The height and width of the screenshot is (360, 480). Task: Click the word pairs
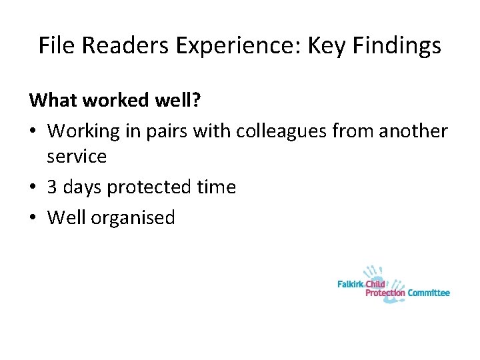coord(165,131)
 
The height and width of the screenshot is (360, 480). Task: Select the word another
coord(413,131)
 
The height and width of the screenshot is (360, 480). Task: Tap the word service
coord(77,156)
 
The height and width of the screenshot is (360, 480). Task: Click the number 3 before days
coord(52,187)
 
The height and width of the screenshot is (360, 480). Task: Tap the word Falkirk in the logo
coord(351,284)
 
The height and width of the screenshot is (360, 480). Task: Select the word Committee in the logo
coord(429,293)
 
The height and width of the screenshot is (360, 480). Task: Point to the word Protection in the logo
coord(385,293)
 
